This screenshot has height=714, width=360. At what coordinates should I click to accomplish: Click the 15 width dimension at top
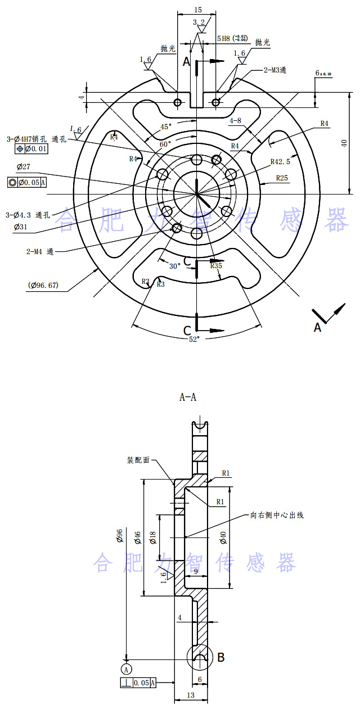(x=197, y=10)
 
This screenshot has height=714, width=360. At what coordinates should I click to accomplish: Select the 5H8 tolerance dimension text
(x=232, y=38)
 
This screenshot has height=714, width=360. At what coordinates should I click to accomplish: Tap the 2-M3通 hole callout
(x=275, y=70)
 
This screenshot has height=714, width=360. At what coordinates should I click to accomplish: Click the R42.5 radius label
(x=280, y=161)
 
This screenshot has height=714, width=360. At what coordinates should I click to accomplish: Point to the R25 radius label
(x=282, y=178)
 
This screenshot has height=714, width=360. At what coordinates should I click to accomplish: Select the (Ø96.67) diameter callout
(x=43, y=285)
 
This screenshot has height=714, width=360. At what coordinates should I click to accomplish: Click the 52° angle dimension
(x=193, y=338)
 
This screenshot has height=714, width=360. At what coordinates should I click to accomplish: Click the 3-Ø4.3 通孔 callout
(x=28, y=215)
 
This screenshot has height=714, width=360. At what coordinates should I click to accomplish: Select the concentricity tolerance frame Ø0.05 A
(x=27, y=182)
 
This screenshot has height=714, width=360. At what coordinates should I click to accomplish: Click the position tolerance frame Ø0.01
(x=32, y=149)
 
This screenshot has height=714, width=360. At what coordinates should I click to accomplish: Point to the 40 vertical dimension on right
(x=344, y=143)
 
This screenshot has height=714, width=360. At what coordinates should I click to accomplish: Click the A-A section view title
(x=188, y=397)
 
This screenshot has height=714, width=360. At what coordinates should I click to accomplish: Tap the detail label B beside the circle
(x=221, y=657)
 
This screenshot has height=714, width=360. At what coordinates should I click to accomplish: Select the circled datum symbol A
(x=127, y=668)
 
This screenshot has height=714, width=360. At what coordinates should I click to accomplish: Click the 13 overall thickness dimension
(x=191, y=695)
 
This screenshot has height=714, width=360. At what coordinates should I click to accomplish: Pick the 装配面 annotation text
(x=138, y=460)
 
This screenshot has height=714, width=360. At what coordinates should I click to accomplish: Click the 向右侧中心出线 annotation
(x=277, y=515)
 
